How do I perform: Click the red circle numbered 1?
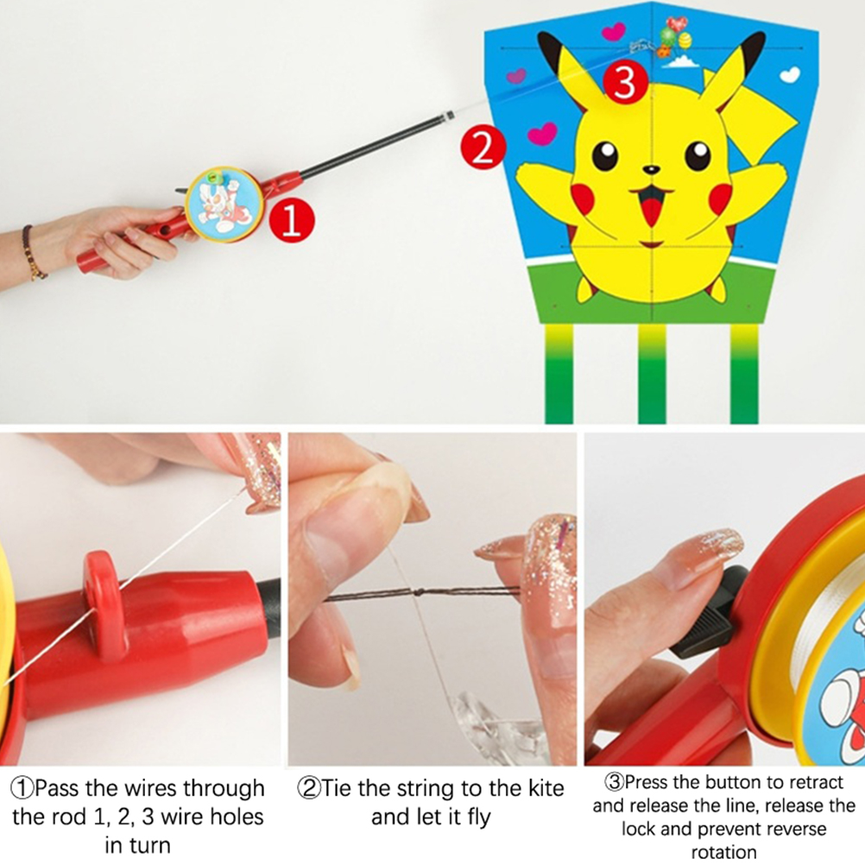pos(292,219)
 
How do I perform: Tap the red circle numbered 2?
pos(483,147)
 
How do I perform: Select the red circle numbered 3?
pos(625,83)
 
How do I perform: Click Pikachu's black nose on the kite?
pos(652,170)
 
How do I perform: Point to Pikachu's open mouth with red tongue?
pos(652,205)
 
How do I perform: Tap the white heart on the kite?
pos(790,74)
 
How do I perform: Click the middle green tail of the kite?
pos(652,374)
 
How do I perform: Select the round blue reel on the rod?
pos(224,205)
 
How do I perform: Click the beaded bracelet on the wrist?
pos(33,252)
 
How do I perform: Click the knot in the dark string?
pos(419,592)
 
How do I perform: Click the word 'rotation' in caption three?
pos(723,852)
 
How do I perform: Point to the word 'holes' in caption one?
pos(233,817)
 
